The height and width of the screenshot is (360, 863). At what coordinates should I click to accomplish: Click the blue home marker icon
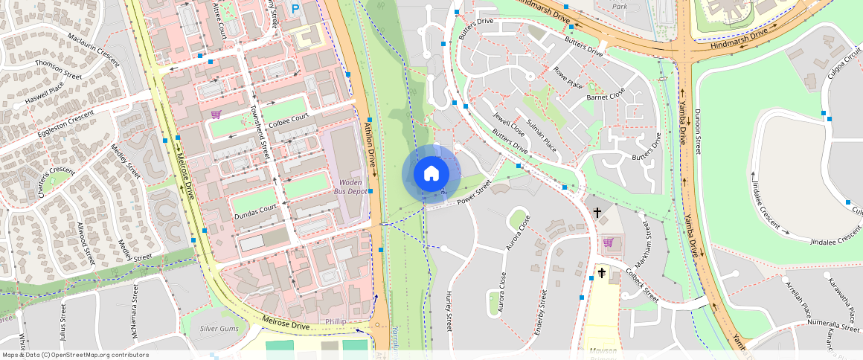431,174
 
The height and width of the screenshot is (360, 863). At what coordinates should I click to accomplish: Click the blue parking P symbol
296,10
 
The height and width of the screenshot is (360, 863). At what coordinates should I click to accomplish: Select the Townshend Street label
260,131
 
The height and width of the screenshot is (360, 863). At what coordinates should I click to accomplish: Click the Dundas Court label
256,210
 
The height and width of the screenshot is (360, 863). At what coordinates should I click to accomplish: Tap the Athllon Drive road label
370,147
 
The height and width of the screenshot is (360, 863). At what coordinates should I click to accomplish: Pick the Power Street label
475,194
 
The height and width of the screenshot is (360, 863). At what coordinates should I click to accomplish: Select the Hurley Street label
449,311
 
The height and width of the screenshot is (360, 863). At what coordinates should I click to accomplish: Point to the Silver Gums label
219,328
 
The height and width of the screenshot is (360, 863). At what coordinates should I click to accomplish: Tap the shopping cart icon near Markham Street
609,242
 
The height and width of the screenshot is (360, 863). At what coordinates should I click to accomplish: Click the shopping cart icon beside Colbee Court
216,115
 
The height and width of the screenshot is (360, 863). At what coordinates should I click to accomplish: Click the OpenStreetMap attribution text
75,355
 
